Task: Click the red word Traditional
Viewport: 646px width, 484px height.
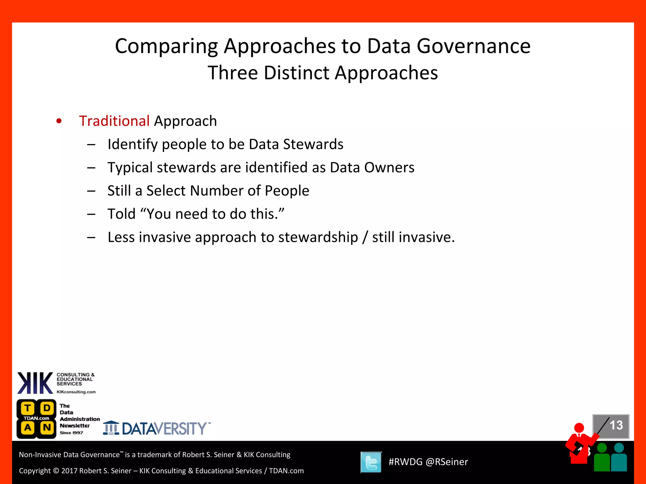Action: click(114, 121)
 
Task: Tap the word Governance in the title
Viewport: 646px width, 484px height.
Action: click(473, 46)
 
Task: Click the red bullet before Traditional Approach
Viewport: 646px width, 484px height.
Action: click(59, 121)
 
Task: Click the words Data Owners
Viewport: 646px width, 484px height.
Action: click(372, 168)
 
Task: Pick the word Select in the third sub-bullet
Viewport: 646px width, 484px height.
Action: click(166, 191)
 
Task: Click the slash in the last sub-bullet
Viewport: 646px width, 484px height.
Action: click(365, 237)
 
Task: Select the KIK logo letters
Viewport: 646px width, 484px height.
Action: click(35, 383)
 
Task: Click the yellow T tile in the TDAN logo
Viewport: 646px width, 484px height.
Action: click(28, 408)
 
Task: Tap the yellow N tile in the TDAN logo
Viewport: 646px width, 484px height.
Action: click(47, 428)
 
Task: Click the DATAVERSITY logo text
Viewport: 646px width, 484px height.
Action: click(164, 429)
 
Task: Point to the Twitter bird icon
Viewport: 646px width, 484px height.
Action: click(371, 462)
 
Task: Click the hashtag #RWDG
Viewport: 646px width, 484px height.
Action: click(405, 462)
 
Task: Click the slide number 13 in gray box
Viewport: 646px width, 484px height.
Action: click(616, 425)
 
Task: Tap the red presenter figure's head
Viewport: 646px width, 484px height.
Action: click(579, 428)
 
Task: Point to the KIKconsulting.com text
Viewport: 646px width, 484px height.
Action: click(76, 392)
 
